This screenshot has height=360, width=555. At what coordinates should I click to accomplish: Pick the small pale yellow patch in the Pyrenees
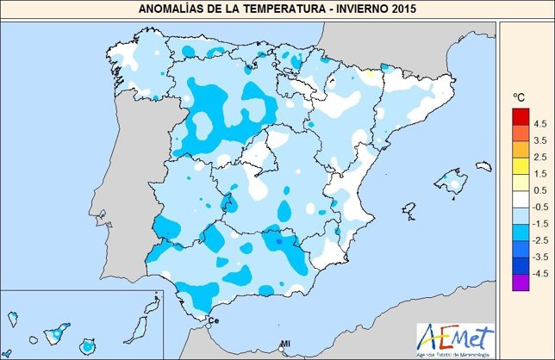coord(370,76)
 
